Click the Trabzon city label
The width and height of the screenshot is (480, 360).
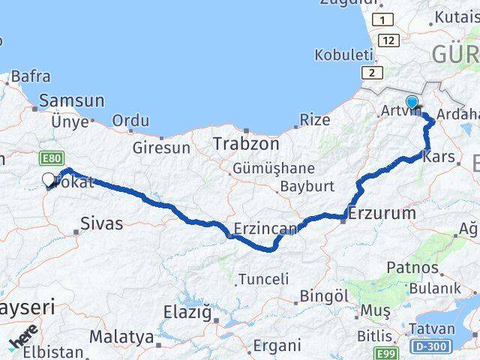click(x=246, y=143)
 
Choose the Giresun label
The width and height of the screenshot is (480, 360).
click(x=161, y=148)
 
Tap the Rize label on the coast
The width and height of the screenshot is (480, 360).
click(x=315, y=119)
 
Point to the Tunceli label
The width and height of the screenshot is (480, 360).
click(x=263, y=279)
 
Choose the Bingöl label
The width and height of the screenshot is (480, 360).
click(x=324, y=295)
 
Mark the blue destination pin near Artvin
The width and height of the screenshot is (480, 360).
click(x=412, y=103)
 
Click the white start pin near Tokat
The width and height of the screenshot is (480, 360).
click(x=49, y=179)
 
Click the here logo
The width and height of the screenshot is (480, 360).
click(x=22, y=337)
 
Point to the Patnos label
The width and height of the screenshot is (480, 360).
click(x=412, y=267)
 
